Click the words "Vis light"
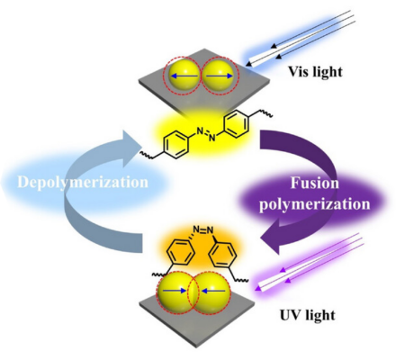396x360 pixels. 315,72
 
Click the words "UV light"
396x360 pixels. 308,315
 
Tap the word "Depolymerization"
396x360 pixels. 83,183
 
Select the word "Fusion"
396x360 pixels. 315,183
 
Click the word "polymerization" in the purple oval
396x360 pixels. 315,204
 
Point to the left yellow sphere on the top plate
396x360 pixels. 184,76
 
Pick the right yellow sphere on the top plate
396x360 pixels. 219,76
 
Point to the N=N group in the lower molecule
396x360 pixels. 203,230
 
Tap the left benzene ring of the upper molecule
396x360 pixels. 176,146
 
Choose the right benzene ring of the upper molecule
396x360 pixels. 237,124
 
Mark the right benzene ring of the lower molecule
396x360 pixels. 223,255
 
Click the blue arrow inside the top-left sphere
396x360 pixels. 184,76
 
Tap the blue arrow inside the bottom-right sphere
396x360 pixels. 213,291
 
